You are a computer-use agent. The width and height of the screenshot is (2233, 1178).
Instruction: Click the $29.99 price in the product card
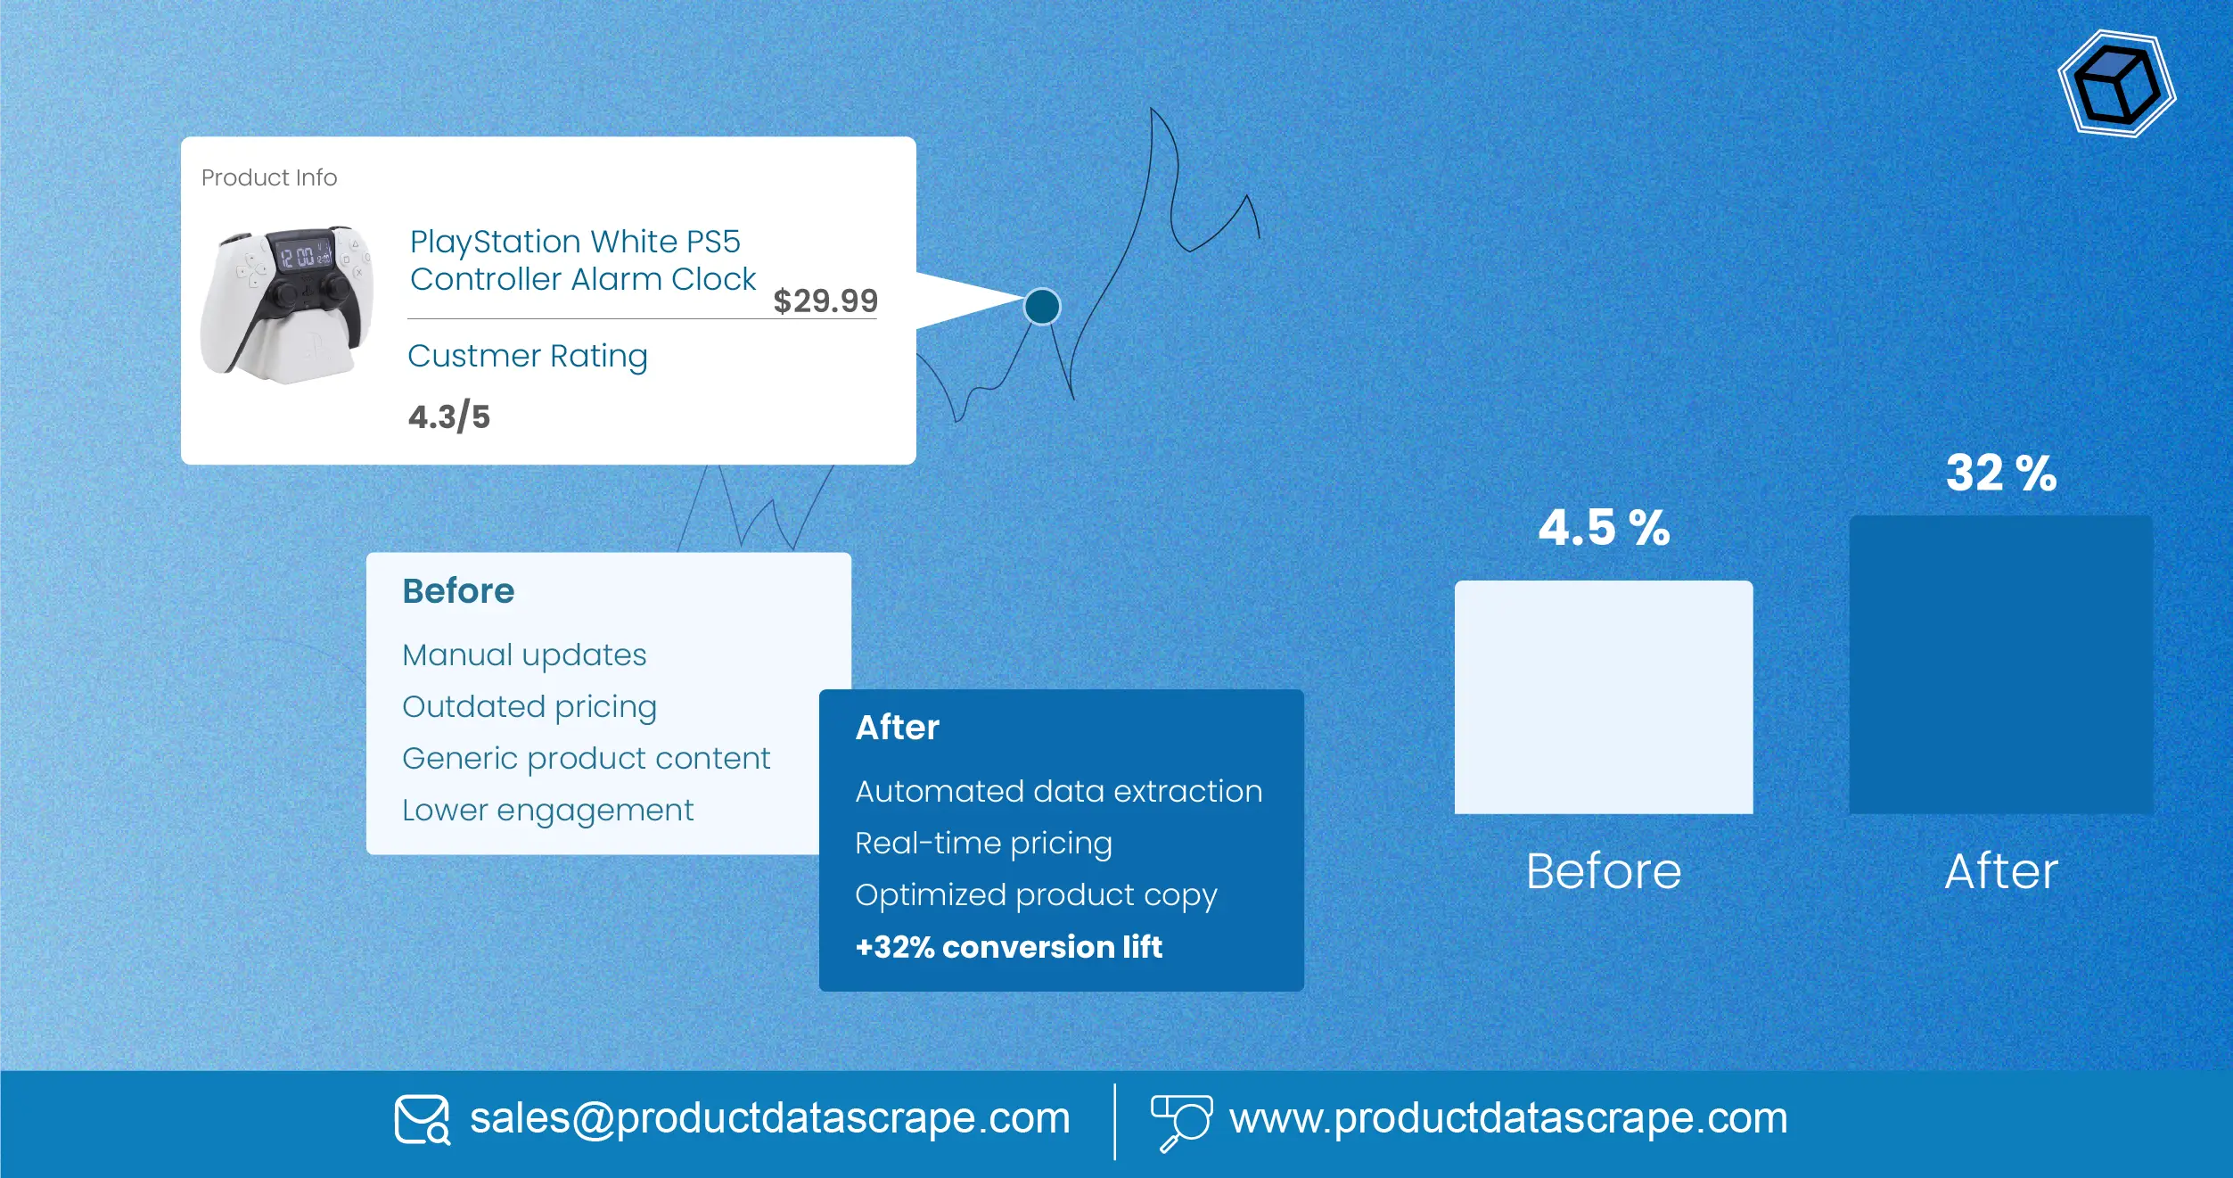point(825,301)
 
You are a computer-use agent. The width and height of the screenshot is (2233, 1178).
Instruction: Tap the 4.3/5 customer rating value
point(449,416)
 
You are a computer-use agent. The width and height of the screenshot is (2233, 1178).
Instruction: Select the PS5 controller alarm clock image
point(287,303)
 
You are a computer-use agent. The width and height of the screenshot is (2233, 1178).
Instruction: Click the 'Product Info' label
point(269,177)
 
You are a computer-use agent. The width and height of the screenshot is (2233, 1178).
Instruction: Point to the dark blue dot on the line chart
point(1042,307)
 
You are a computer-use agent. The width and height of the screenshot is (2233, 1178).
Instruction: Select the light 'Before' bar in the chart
point(1604,696)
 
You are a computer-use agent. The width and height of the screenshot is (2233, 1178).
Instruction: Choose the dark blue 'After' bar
point(2001,664)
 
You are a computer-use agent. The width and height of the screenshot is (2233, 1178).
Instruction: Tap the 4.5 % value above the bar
point(1604,527)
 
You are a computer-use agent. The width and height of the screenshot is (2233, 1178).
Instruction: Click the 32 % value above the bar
point(2001,473)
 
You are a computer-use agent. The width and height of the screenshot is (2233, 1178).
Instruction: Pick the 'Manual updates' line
point(524,655)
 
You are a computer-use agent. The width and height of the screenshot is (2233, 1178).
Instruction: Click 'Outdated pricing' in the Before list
point(530,707)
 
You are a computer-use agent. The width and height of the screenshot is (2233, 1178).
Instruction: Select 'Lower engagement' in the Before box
point(547,811)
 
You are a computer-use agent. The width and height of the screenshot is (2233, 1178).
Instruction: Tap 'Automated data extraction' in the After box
point(1058,792)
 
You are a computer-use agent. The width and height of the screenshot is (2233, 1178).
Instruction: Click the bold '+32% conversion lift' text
point(1008,947)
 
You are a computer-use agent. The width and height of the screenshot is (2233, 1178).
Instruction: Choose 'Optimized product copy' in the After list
point(1036,895)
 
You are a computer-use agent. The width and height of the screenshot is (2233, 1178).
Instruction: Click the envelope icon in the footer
point(422,1119)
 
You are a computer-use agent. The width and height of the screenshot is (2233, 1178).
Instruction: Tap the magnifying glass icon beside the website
point(1181,1122)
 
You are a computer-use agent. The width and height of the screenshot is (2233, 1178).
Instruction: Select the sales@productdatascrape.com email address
point(769,1118)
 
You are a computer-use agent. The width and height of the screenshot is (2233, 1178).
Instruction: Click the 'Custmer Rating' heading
point(528,356)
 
